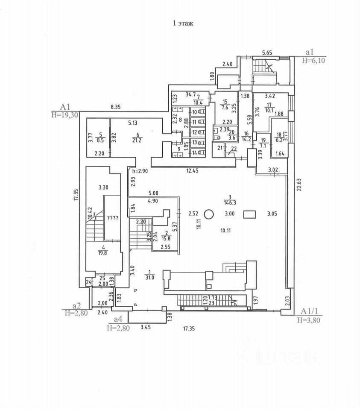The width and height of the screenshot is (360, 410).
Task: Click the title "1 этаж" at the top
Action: pyautogui.click(x=182, y=23)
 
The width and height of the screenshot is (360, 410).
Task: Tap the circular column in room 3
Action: pyautogui.click(x=209, y=214)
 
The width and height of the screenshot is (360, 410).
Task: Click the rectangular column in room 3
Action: pyautogui.click(x=249, y=214)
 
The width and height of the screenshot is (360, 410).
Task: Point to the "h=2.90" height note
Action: pyautogui.click(x=140, y=171)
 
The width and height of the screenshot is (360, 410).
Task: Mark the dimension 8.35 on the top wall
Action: pyautogui.click(x=116, y=107)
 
